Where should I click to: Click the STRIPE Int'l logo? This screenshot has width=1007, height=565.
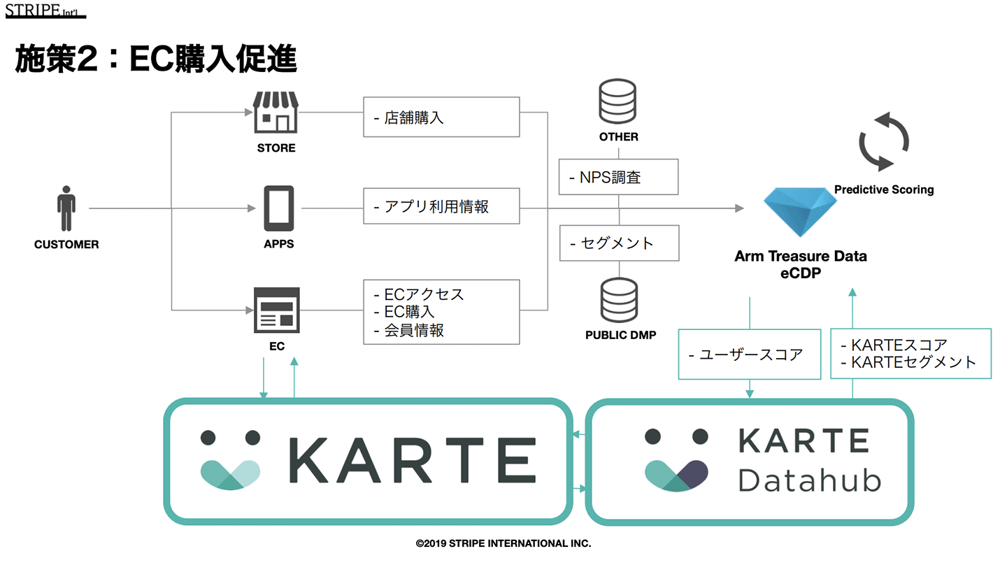45,12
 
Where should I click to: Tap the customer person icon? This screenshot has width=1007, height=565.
66,208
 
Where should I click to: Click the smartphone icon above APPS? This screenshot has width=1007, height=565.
278,208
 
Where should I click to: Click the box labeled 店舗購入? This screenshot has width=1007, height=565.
441,117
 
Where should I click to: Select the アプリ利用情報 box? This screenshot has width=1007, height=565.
441,206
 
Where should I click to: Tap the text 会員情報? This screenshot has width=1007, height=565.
414,331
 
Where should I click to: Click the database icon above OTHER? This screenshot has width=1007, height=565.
619,102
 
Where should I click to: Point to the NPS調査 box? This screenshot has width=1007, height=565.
618,177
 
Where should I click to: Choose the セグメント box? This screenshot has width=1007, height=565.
618,243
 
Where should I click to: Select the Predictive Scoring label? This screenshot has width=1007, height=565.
884,189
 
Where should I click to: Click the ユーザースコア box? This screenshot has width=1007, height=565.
750,355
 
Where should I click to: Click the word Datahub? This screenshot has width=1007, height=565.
810,480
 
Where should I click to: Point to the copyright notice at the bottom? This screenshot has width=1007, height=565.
503,543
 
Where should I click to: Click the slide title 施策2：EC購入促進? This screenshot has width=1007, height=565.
156,59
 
